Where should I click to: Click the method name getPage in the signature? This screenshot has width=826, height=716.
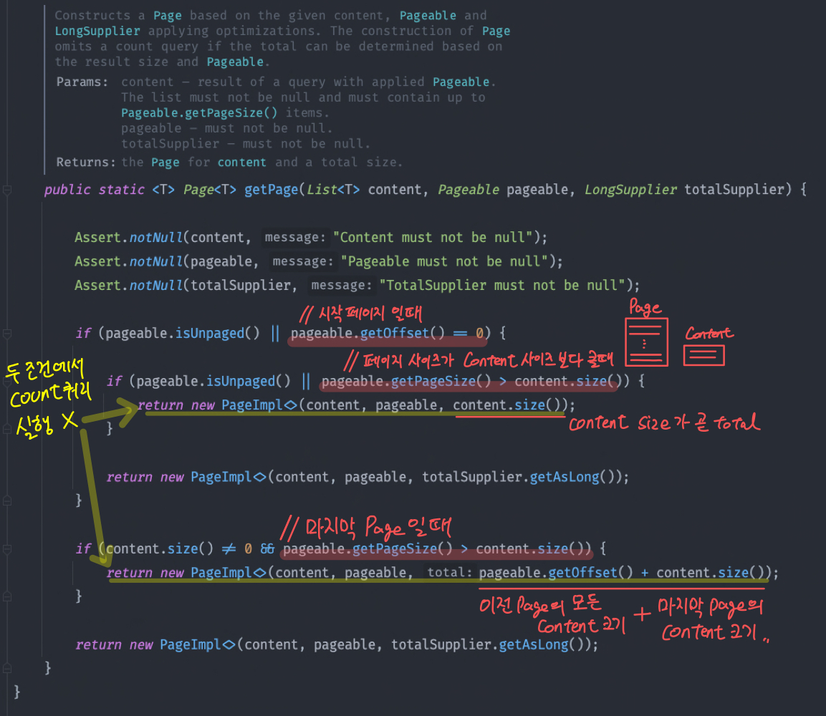pyautogui.click(x=272, y=190)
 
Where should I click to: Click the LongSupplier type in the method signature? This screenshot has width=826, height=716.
pyautogui.click(x=630, y=190)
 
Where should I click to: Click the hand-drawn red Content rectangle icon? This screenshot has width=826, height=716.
pyautogui.click(x=704, y=355)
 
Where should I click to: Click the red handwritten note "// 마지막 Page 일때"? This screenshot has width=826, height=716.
pyautogui.click(x=365, y=529)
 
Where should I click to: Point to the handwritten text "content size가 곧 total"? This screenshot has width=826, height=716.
pyautogui.click(x=663, y=423)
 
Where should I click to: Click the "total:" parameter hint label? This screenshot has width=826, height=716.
pyautogui.click(x=450, y=573)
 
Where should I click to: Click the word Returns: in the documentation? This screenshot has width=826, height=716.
pyautogui.click(x=86, y=162)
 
